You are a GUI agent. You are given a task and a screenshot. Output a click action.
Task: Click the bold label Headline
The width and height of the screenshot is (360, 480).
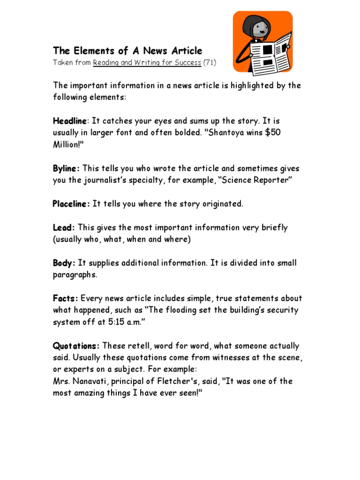point(70,121)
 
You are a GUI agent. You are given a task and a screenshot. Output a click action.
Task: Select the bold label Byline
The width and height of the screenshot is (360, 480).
point(66,168)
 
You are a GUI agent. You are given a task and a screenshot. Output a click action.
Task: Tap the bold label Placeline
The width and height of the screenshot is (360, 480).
point(71,204)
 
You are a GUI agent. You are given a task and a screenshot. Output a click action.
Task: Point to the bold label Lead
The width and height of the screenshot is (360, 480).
point(64,227)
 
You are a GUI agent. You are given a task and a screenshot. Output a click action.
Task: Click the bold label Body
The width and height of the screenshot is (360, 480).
point(64,263)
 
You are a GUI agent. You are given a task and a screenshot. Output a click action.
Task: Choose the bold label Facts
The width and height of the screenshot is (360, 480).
point(66,298)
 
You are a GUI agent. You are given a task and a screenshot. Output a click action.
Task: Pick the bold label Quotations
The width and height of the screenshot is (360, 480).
point(76,346)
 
